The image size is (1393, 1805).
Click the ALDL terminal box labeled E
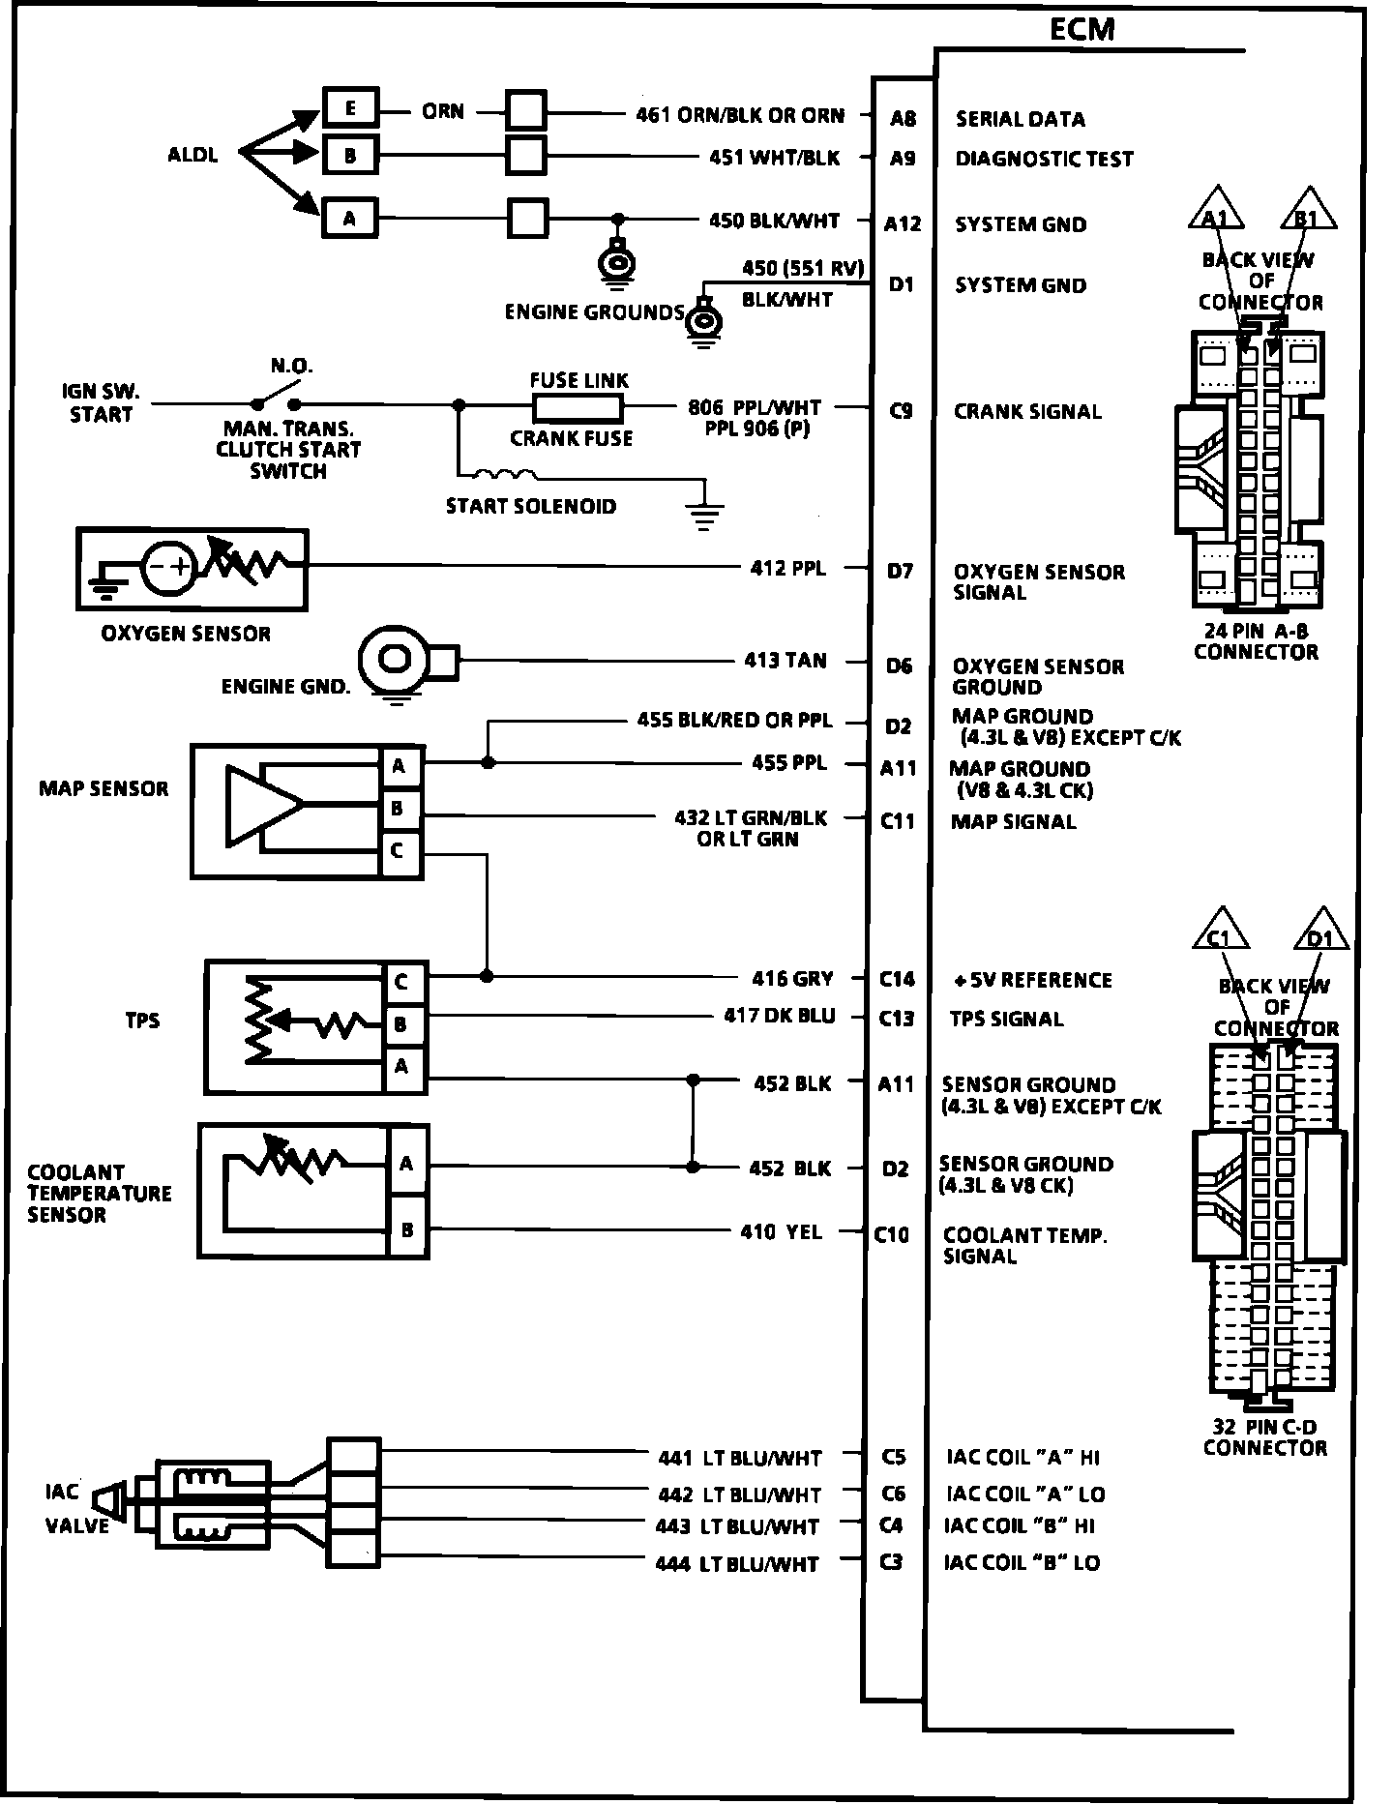(x=350, y=108)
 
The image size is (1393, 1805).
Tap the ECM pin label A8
(x=904, y=118)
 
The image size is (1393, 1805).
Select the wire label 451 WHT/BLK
(x=775, y=158)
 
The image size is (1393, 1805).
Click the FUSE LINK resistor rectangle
(x=578, y=407)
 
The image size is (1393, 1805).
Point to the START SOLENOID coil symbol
(x=504, y=474)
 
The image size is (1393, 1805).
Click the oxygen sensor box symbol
(x=193, y=570)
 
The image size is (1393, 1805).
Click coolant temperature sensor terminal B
(x=408, y=1230)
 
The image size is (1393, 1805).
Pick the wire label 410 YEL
(x=782, y=1231)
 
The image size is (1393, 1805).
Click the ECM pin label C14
(x=897, y=979)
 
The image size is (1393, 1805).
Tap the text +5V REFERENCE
(x=1032, y=980)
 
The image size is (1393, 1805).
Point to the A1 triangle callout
(x=1216, y=209)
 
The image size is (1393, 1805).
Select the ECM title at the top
(x=1082, y=30)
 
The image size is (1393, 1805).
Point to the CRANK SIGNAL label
(x=1027, y=411)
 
